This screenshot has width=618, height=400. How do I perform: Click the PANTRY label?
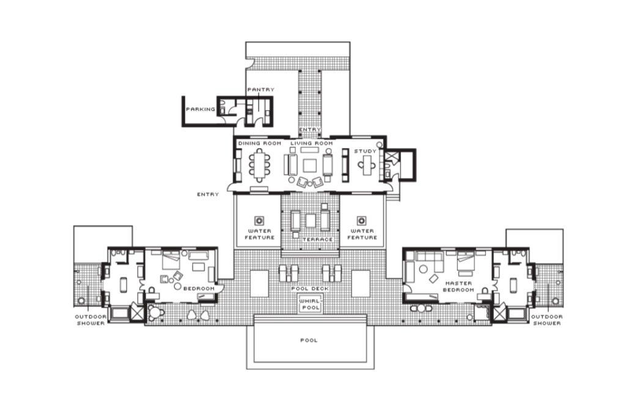tap(260, 89)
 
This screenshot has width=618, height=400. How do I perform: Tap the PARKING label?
tap(200, 109)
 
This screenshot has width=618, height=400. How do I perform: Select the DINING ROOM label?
tap(260, 143)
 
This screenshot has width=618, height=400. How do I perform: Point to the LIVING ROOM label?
tap(311, 143)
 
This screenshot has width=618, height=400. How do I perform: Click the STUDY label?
tap(365, 151)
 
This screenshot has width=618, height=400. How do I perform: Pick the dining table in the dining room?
tap(259, 165)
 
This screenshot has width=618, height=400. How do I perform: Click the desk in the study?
tap(367, 166)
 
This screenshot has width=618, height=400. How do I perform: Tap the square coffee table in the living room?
tap(310, 165)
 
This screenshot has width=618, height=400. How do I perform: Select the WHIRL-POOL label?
tap(311, 304)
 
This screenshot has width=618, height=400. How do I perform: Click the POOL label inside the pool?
tap(309, 340)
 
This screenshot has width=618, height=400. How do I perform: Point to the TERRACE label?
tap(318, 239)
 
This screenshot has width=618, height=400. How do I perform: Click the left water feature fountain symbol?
tap(259, 221)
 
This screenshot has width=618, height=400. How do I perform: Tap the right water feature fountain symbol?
tap(361, 221)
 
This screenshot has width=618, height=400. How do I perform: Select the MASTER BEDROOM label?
tap(458, 286)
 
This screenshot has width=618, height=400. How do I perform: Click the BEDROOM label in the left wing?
tap(199, 289)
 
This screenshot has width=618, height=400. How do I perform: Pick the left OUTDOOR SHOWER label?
tap(90, 320)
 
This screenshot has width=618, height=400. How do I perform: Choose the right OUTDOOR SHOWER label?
tap(547, 320)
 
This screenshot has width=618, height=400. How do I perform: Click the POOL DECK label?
tap(310, 289)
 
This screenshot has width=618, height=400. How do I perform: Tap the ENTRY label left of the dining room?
tap(208, 194)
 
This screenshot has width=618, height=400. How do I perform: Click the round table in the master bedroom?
tap(423, 270)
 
